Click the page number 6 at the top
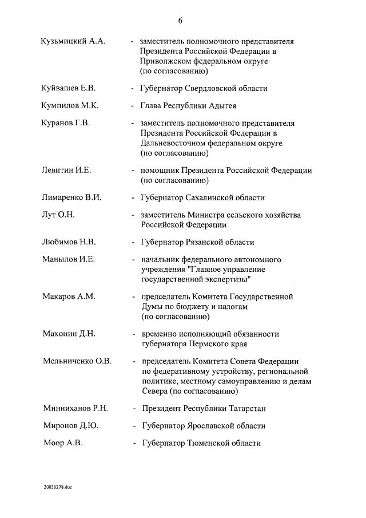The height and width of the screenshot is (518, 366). [180, 21]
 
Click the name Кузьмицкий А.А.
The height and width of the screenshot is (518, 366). [73, 42]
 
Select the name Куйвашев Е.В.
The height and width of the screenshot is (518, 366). [68, 89]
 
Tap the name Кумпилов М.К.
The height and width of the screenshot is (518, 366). [70, 106]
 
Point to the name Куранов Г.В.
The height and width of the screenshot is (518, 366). [66, 123]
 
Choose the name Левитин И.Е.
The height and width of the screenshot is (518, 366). [67, 170]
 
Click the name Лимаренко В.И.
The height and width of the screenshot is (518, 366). [71, 197]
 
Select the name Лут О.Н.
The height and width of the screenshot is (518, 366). [58, 215]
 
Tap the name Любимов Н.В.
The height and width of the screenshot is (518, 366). [69, 242]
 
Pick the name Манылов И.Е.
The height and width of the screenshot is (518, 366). [69, 259]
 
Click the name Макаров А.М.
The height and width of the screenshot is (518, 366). [69, 296]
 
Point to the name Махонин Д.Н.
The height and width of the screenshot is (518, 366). [69, 334]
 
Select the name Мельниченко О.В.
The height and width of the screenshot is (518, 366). [77, 361]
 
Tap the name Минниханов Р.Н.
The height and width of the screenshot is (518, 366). [75, 409]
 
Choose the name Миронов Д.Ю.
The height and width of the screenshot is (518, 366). [71, 426]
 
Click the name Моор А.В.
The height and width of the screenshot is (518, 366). [63, 443]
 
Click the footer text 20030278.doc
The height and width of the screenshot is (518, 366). [58, 487]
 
